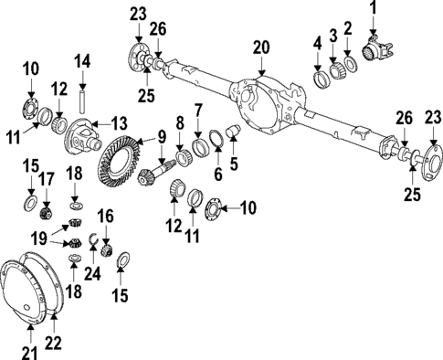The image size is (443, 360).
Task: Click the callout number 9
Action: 162,138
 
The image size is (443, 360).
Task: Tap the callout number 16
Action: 105,215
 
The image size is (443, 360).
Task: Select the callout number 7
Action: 198,111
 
